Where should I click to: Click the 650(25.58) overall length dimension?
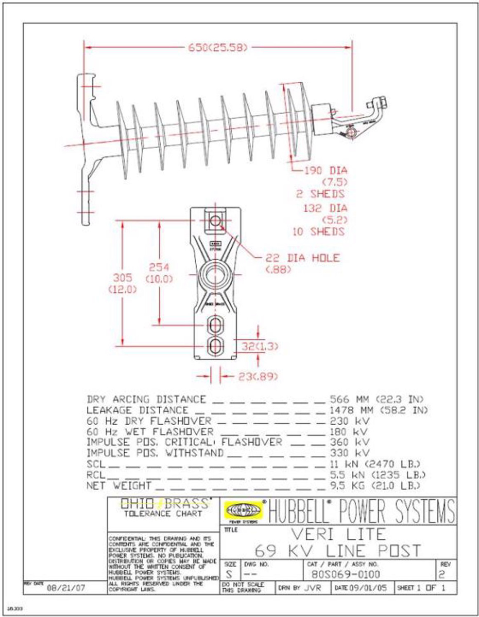click(218, 47)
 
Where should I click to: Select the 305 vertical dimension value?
click(123, 277)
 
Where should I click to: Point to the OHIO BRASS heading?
click(163, 502)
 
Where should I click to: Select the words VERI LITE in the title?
click(338, 533)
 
